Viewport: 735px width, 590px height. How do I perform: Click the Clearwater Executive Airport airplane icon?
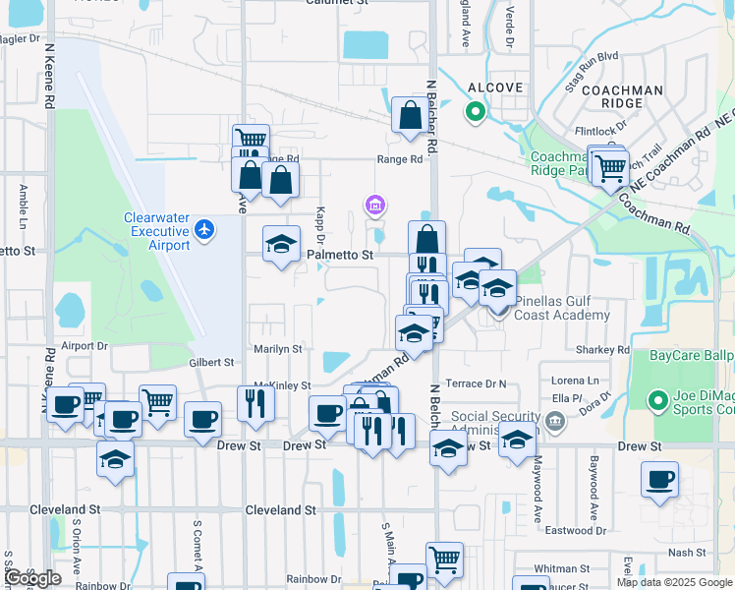coord(204,229)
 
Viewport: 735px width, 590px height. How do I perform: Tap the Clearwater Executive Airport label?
coord(155,231)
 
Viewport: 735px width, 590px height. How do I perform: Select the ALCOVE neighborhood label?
coord(478,87)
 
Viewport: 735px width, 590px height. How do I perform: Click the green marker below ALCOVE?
coord(476,112)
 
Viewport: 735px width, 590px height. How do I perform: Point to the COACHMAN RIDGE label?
coord(622,97)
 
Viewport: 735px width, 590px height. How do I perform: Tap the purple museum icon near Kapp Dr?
coord(374,206)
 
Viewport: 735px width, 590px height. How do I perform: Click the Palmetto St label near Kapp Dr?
coord(340,255)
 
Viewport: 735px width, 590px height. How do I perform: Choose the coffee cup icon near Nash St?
coord(659,480)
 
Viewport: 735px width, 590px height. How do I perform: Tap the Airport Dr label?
coord(84,346)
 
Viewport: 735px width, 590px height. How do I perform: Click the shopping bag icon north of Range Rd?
coord(409,115)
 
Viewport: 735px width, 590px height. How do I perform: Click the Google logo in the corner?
coord(32,578)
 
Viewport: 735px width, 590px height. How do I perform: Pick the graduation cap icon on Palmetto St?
coord(281,244)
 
